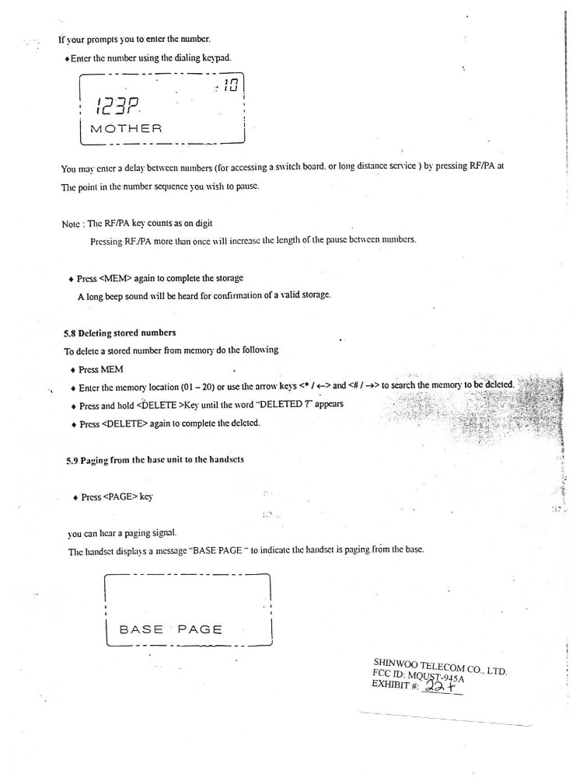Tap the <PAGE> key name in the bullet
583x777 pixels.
pyautogui.click(x=115, y=497)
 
